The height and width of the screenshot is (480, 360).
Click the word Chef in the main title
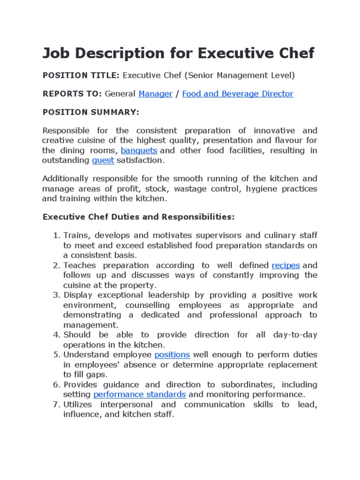click(292, 53)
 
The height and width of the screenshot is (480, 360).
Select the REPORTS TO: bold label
click(72, 94)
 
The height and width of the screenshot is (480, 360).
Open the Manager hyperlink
click(155, 94)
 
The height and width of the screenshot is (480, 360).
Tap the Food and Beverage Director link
click(237, 94)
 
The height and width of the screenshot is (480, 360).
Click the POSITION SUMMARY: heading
click(90, 112)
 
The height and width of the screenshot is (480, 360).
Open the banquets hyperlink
click(139, 150)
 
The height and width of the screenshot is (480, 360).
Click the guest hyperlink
click(103, 160)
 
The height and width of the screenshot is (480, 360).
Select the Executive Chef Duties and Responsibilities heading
click(138, 217)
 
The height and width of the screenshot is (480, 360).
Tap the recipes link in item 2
click(285, 265)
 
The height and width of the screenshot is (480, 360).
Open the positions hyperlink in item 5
click(172, 355)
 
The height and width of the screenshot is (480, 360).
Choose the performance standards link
click(140, 394)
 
